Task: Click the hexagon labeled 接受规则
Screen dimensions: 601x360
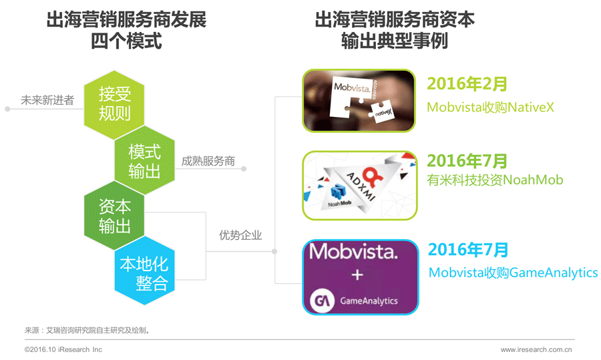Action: pyautogui.click(x=114, y=104)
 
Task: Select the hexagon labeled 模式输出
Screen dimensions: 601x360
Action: pyautogui.click(x=144, y=161)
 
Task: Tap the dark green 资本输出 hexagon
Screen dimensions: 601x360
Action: pyautogui.click(x=114, y=215)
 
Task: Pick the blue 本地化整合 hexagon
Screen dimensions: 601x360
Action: pyautogui.click(x=144, y=273)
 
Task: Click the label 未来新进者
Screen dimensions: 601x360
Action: pyautogui.click(x=47, y=101)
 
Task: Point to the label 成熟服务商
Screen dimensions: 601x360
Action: pyautogui.click(x=208, y=161)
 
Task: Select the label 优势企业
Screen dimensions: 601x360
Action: pyautogui.click(x=240, y=235)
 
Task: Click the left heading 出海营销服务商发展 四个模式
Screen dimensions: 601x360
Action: pyautogui.click(x=126, y=30)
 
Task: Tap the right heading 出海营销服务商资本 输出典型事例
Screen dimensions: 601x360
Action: pyautogui.click(x=395, y=30)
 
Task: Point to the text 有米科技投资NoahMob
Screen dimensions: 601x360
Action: pyautogui.click(x=495, y=180)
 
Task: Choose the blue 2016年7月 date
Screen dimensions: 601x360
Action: pyautogui.click(x=468, y=250)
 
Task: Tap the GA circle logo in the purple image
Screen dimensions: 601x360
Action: pyautogui.click(x=323, y=300)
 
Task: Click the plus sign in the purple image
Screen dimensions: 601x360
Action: pyautogui.click(x=357, y=275)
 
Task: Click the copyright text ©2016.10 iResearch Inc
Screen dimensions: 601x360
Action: pyautogui.click(x=63, y=349)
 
